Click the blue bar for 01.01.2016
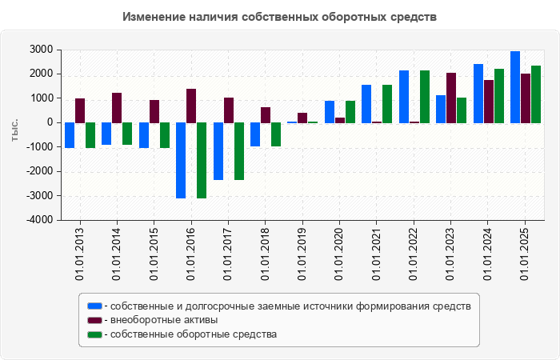coord(181,160)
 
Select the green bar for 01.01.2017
coord(238,151)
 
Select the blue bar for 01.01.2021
coord(366,103)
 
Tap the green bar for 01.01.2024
coord(499,95)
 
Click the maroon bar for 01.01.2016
coord(191,106)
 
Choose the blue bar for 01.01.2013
coord(70,135)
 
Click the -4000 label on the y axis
coord(40,220)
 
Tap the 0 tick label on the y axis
coord(50,122)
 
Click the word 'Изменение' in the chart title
coord(150,17)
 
